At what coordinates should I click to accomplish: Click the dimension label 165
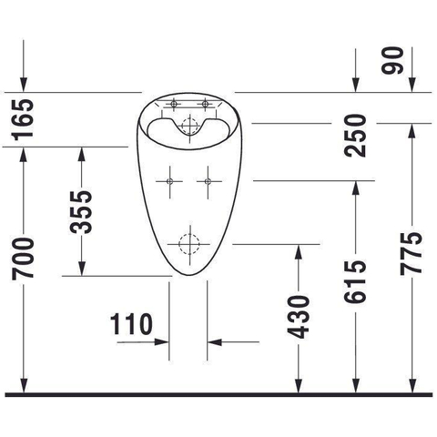tap(23, 120)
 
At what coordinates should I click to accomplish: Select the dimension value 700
tap(23, 259)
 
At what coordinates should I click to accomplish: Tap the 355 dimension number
tap(81, 212)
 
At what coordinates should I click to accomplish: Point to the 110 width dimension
tap(131, 324)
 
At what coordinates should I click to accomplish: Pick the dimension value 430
tap(299, 317)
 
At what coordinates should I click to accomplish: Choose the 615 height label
tap(355, 281)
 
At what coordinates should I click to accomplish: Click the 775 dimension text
tap(412, 253)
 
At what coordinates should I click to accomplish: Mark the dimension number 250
tap(355, 136)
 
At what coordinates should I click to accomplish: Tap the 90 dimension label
tap(392, 60)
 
